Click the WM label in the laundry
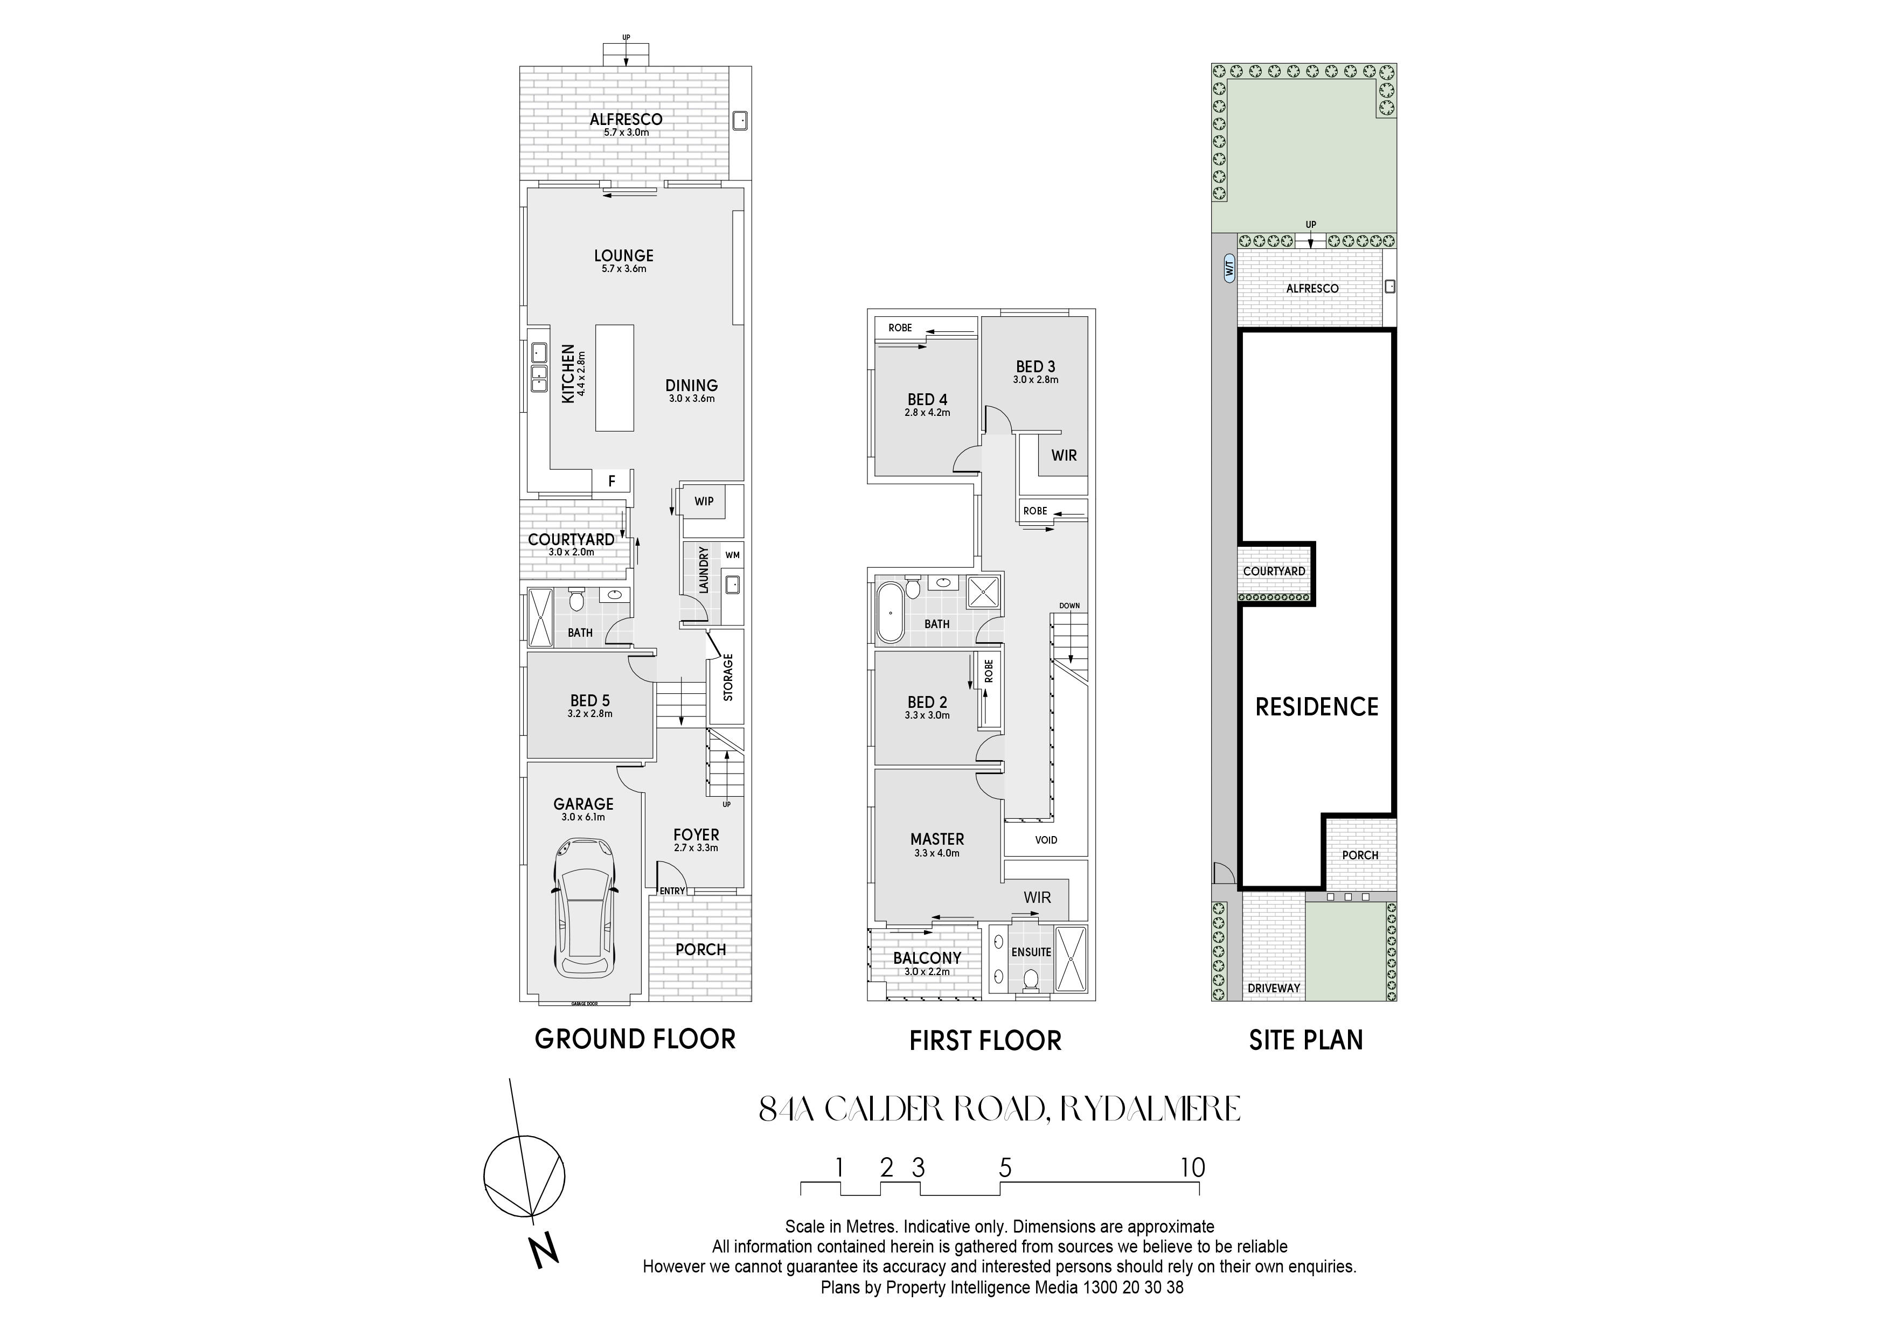pos(732,555)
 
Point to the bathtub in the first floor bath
pos(890,611)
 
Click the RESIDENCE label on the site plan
pos(1316,706)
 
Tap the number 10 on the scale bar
pos(1193,1167)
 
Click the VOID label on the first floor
pos(1046,840)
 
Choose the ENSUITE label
pos(1031,951)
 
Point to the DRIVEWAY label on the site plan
pos(1274,988)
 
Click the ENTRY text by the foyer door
pos(672,890)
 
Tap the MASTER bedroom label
pos(937,839)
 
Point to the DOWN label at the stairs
pos(1069,606)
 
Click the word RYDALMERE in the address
pos(1150,1109)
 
